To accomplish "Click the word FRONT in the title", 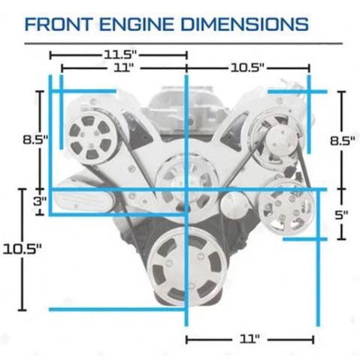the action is (58, 24).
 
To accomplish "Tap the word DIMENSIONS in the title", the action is (245, 24).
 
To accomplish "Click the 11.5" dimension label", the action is (120, 55).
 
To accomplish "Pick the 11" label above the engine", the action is (123, 68).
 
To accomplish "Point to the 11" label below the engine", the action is (250, 339).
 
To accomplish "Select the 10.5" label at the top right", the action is (247, 68).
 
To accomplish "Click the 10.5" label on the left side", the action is (22, 250).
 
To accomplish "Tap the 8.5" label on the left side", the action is (35, 140).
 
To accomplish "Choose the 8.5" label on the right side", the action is (342, 141).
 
